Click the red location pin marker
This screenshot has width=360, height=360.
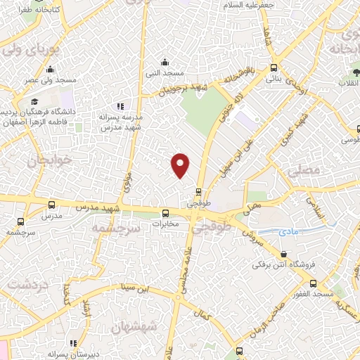coord(181,165)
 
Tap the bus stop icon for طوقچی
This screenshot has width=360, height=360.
coord(200,191)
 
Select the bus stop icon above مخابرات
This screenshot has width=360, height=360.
coord(166,213)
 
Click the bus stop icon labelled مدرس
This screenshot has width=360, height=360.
coord(51,205)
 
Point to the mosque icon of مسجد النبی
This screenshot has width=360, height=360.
coord(165,61)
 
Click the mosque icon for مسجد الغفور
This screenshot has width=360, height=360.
coord(313,283)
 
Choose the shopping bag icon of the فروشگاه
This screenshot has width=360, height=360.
coord(283,255)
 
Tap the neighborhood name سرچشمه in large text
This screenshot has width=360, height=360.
coord(110,229)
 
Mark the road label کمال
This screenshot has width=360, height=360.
coord(204,316)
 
